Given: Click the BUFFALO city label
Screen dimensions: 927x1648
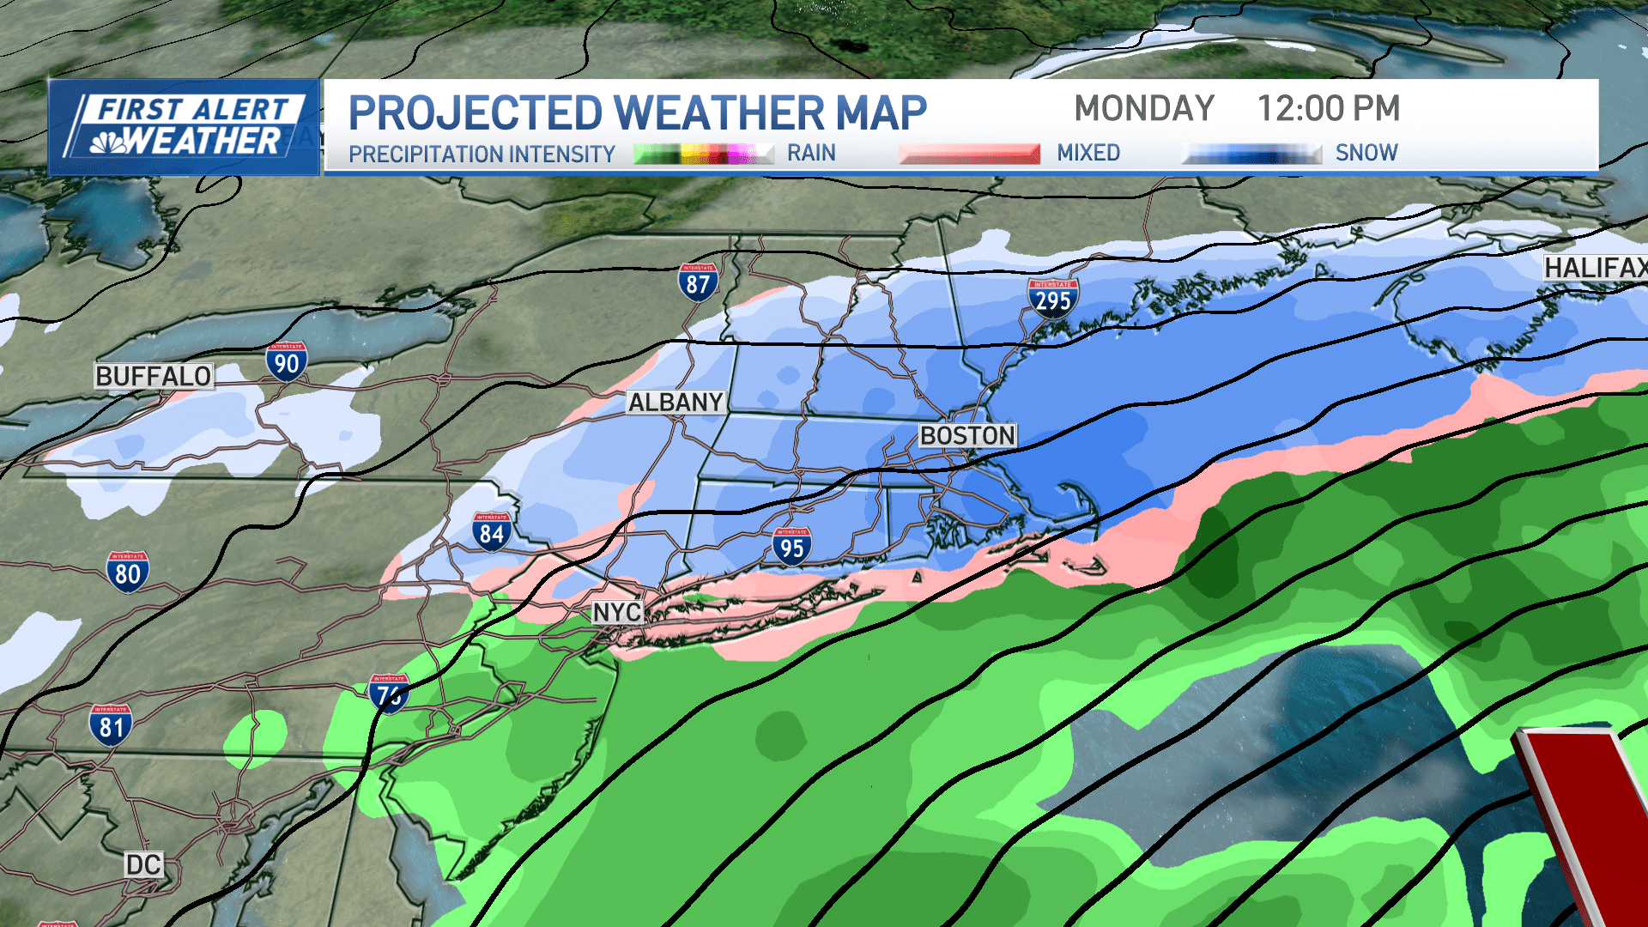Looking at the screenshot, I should coord(154,376).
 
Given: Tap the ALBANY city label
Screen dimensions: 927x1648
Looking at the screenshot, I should coord(676,402).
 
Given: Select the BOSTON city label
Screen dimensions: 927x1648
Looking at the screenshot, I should coord(967,435).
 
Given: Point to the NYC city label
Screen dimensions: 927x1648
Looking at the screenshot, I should coord(616,612).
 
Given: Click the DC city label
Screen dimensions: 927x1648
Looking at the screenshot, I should coord(143,864).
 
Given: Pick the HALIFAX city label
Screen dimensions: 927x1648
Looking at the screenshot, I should coord(1595,268).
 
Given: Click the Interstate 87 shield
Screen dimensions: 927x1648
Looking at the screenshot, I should coord(698,282).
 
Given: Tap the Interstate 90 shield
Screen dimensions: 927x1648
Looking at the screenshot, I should coord(287,362).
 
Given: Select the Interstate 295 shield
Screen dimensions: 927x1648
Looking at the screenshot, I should coord(1052,298).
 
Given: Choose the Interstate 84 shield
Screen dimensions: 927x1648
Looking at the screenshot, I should coord(492,532).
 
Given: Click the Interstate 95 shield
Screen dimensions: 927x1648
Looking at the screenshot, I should coord(791,547).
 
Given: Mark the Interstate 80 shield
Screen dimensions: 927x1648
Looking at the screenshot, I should coord(128,573).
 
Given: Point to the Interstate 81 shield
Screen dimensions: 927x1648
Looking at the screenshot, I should coord(111,725).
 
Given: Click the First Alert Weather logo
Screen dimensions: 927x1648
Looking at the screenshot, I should coord(184,127).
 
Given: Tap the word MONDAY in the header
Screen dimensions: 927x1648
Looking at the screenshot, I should coord(1144,109).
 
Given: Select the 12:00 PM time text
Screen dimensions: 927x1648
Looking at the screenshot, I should coord(1328,109).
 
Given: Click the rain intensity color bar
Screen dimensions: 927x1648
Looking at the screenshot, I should coord(703,154).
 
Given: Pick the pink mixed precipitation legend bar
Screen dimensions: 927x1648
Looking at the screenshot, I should coord(969,154).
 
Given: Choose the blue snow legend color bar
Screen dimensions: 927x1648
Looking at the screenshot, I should coord(1252,154).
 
